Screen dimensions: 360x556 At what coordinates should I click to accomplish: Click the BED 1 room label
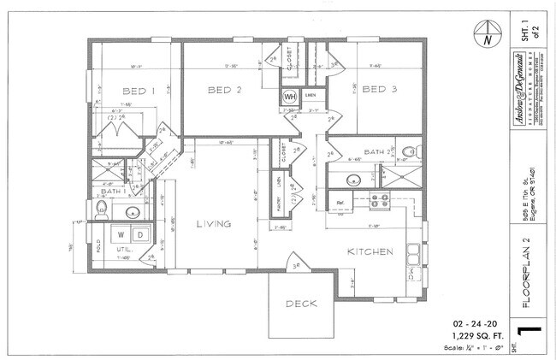(140, 91)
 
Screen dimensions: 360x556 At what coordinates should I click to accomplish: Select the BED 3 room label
(377, 89)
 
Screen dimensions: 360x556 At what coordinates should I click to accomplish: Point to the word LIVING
(213, 224)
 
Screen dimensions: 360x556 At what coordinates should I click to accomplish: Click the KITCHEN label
(370, 252)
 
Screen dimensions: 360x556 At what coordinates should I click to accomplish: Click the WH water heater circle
(290, 97)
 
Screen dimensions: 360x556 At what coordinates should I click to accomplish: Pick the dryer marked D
(138, 233)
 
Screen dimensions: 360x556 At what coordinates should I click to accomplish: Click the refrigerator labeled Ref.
(340, 204)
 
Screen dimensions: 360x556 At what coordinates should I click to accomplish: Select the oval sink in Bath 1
(133, 212)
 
